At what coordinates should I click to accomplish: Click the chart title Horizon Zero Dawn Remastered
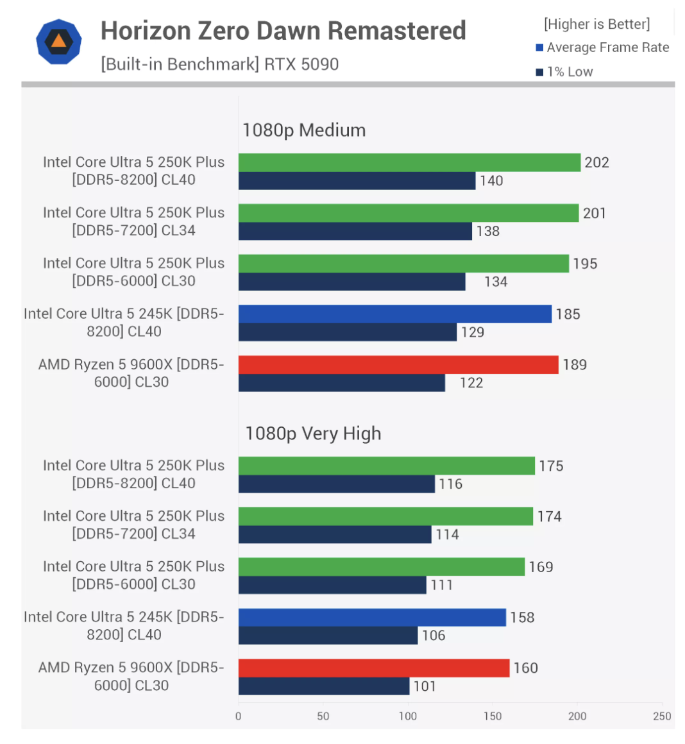[283, 31]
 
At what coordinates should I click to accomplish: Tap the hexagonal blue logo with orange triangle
[58, 42]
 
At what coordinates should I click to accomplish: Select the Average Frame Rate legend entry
[602, 47]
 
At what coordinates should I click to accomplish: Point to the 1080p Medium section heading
[304, 130]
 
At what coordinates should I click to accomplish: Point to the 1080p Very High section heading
[313, 434]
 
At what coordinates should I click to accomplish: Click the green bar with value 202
[409, 162]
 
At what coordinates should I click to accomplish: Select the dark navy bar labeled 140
[357, 181]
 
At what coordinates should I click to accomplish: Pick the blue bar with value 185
[394, 314]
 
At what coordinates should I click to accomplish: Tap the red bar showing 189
[398, 364]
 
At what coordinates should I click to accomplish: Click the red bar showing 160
[373, 668]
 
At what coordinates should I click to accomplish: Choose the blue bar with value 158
[372, 617]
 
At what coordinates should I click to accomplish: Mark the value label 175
[551, 466]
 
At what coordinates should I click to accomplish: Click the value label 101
[425, 686]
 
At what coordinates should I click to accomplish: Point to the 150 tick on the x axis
[493, 716]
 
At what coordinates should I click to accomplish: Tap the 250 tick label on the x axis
[662, 716]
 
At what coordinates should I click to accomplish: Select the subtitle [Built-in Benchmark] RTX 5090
[219, 64]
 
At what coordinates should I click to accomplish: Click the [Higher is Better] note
[596, 24]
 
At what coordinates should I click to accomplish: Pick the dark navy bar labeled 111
[332, 585]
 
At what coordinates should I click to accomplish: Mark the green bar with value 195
[403, 264]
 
